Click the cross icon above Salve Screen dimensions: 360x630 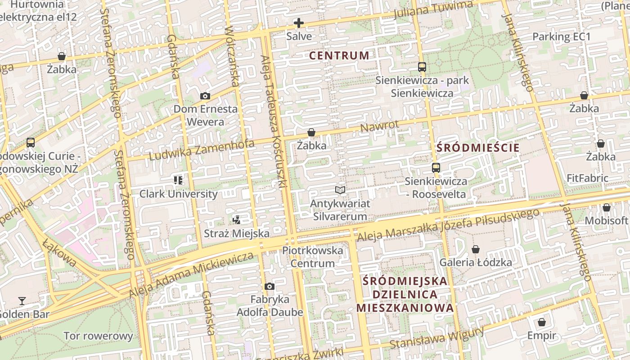298,23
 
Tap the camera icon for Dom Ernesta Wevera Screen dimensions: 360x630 205,96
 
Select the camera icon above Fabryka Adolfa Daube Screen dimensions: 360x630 269,286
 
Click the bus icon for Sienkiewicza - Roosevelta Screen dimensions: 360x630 436,168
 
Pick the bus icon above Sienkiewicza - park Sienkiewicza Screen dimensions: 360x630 422,67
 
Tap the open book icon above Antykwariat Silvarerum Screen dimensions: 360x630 340,190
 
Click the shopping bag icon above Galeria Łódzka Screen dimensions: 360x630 475,249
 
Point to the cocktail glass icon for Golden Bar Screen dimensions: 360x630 22,301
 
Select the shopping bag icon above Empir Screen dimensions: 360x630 542,322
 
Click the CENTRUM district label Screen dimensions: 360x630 339,56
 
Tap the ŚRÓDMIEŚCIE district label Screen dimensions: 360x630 478,148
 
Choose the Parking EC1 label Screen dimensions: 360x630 561,36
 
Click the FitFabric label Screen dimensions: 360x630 587,178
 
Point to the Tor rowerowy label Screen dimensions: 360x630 99,336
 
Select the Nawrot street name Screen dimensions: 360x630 379,126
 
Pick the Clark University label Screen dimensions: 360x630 178,194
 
